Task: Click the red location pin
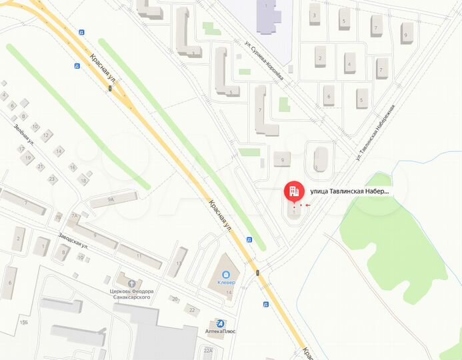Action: click(x=293, y=191)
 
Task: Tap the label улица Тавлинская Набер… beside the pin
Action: click(x=349, y=191)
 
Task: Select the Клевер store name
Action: click(x=226, y=281)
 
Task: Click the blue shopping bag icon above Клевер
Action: click(x=226, y=273)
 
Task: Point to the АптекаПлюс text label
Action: click(x=220, y=331)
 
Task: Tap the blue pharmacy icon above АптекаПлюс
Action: click(x=220, y=323)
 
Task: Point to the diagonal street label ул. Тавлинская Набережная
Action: click(x=376, y=133)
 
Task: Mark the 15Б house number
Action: click(x=24, y=323)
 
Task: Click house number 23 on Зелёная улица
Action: click(x=51, y=179)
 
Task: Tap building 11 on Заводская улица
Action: click(x=139, y=256)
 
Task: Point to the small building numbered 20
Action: click(x=175, y=299)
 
